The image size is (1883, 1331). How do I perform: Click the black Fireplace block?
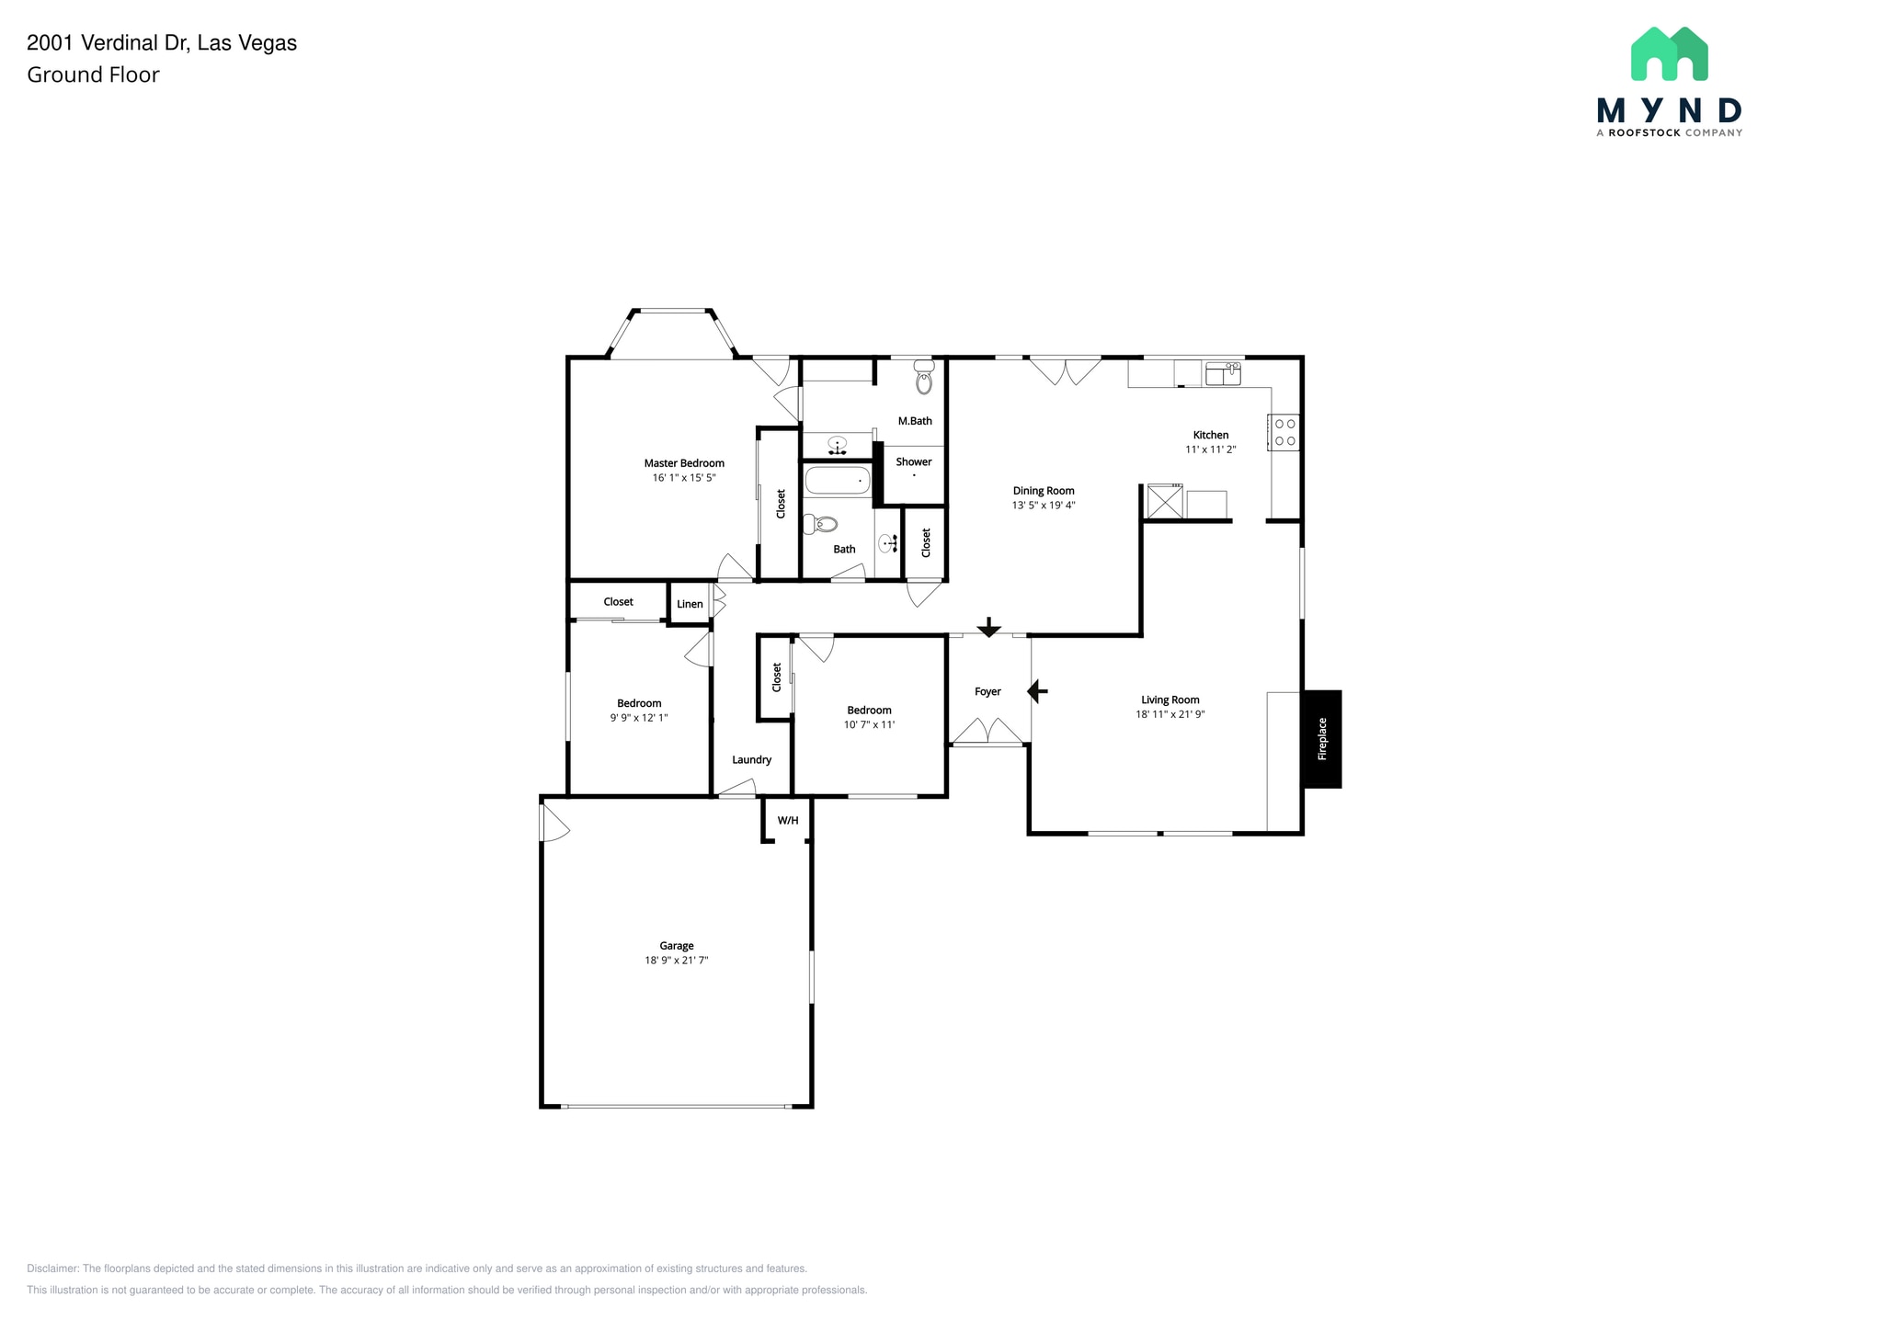pos(1321,738)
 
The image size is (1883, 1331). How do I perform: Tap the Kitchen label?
pos(1210,435)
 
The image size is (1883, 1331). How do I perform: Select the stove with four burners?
pos(1284,432)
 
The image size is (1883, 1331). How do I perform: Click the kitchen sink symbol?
pos(1223,373)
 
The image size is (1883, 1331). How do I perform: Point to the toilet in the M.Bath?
pos(924,378)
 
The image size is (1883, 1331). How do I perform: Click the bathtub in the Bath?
pos(838,480)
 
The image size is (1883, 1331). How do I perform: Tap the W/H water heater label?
pos(788,820)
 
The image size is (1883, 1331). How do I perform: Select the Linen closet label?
pos(690,604)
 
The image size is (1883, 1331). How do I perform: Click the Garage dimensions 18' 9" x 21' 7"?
pos(676,961)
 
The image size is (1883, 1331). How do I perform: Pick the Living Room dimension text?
pos(1170,714)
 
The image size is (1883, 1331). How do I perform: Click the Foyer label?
pos(987,691)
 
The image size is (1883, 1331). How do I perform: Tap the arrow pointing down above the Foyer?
pos(988,628)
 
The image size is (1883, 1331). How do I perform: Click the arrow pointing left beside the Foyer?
pos(1037,690)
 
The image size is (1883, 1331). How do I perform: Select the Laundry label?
pos(751,759)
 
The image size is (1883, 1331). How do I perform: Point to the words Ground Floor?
pos(93,75)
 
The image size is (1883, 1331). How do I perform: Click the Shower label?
pos(913,461)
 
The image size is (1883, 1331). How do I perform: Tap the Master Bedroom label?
pos(683,463)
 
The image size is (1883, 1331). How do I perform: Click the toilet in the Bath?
pos(822,525)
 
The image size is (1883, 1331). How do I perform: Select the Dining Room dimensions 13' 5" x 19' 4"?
pos(1044,506)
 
